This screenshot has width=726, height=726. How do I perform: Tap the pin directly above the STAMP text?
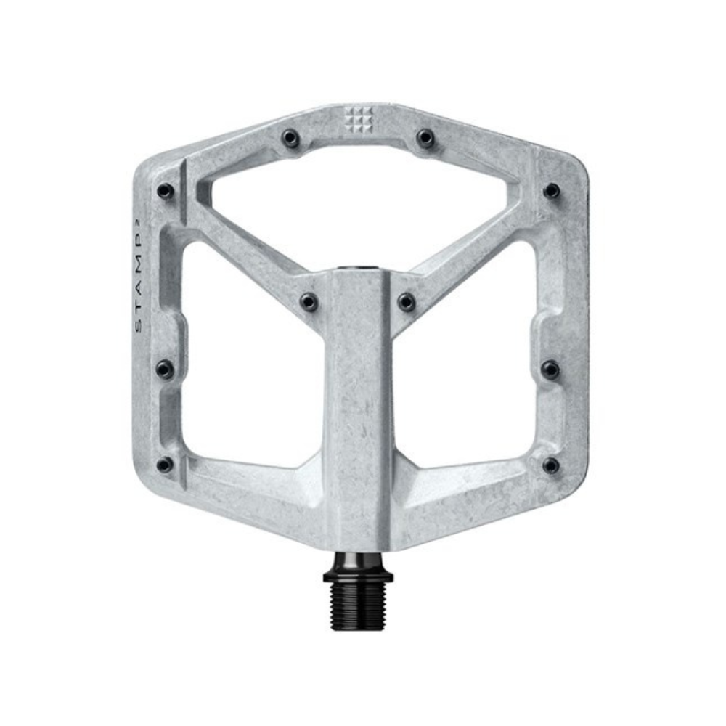coord(165,191)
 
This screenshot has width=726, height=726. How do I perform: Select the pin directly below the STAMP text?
coord(165,368)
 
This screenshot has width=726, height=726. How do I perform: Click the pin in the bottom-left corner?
coord(165,464)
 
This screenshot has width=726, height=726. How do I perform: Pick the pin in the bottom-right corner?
coord(551,465)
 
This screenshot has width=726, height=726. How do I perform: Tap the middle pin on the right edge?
coord(551,369)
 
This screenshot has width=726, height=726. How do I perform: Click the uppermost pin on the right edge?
coord(551,191)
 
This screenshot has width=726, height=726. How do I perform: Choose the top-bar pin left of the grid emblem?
coord(291,138)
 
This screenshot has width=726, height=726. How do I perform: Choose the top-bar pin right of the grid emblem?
coord(425,138)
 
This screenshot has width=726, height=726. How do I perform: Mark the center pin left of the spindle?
coord(309,301)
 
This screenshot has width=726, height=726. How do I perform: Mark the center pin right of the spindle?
coord(407,301)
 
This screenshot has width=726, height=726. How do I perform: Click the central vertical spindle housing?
coord(358,407)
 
